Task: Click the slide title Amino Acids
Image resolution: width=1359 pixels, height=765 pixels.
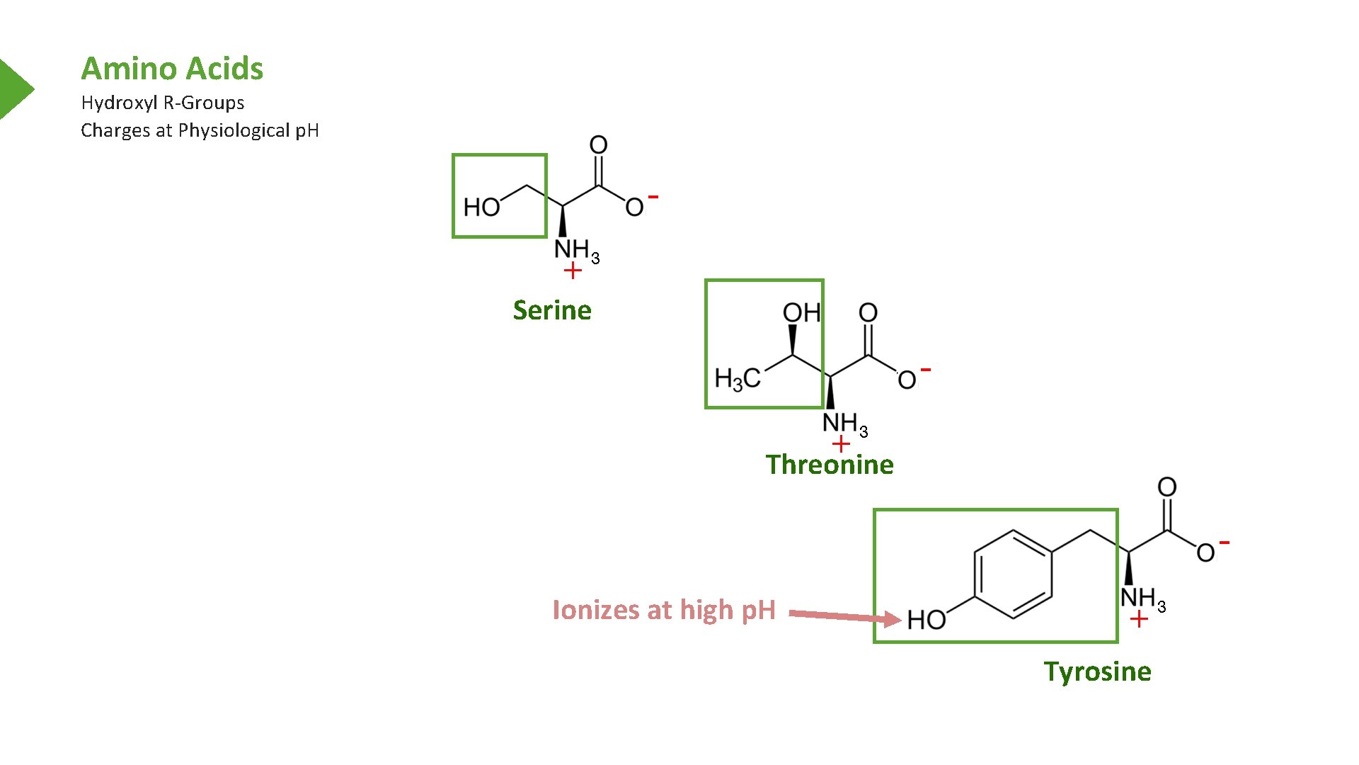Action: (x=172, y=69)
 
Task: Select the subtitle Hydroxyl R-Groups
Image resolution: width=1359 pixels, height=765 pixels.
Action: (x=162, y=103)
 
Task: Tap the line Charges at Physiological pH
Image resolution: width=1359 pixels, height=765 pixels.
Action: (x=200, y=130)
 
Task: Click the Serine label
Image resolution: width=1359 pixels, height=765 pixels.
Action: (x=552, y=310)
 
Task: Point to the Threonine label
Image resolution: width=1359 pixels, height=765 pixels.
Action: (x=830, y=465)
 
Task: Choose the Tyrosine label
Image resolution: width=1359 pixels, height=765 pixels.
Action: (x=1097, y=671)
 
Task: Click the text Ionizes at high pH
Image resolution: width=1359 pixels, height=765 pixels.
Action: (x=663, y=610)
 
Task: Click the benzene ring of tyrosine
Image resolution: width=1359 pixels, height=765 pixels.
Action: (x=1013, y=574)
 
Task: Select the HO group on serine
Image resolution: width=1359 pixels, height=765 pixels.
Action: (x=481, y=208)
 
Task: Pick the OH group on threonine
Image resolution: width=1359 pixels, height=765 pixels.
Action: (x=801, y=312)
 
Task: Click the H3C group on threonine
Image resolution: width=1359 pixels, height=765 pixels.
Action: (x=738, y=379)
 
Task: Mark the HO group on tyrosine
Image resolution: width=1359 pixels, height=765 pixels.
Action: (x=927, y=620)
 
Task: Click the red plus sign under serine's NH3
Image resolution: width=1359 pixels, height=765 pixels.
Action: (x=573, y=271)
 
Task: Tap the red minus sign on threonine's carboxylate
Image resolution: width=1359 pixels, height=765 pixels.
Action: (x=926, y=370)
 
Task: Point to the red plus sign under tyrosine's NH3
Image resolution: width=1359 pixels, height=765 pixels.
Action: (x=1139, y=620)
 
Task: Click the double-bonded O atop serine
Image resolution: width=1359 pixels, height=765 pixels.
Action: (x=599, y=145)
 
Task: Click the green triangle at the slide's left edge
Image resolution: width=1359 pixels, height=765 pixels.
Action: (x=14, y=89)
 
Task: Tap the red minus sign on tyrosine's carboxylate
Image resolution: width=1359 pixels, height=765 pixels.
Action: (x=1225, y=543)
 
